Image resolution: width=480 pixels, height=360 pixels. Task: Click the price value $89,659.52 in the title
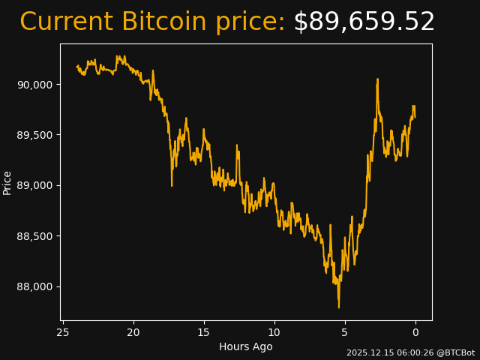tap(364, 22)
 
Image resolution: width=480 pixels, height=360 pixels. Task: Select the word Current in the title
tap(67, 22)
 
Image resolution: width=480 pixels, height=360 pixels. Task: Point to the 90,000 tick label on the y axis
tap(35, 85)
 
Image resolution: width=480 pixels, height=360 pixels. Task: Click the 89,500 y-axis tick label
tap(35, 135)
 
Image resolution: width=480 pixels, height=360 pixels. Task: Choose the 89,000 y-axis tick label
tap(35, 185)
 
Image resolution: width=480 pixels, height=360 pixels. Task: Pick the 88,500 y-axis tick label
tap(35, 236)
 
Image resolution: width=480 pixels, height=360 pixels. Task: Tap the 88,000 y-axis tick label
tap(35, 286)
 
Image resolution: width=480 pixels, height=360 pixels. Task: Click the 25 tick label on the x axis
tap(63, 332)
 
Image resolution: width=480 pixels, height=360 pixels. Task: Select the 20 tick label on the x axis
tap(133, 332)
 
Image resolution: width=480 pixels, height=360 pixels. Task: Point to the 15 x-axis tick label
tap(204, 332)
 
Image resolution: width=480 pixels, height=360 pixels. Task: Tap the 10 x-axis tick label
tap(274, 332)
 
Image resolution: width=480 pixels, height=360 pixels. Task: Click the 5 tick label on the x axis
tap(345, 332)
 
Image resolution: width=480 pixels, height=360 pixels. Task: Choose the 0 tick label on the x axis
tap(415, 332)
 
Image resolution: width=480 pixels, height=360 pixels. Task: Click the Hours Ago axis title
tap(246, 346)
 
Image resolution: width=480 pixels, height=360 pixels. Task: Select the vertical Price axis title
tap(7, 182)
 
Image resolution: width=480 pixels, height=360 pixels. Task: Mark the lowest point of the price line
tap(338, 307)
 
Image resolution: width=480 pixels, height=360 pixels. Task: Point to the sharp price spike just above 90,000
tap(377, 79)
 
